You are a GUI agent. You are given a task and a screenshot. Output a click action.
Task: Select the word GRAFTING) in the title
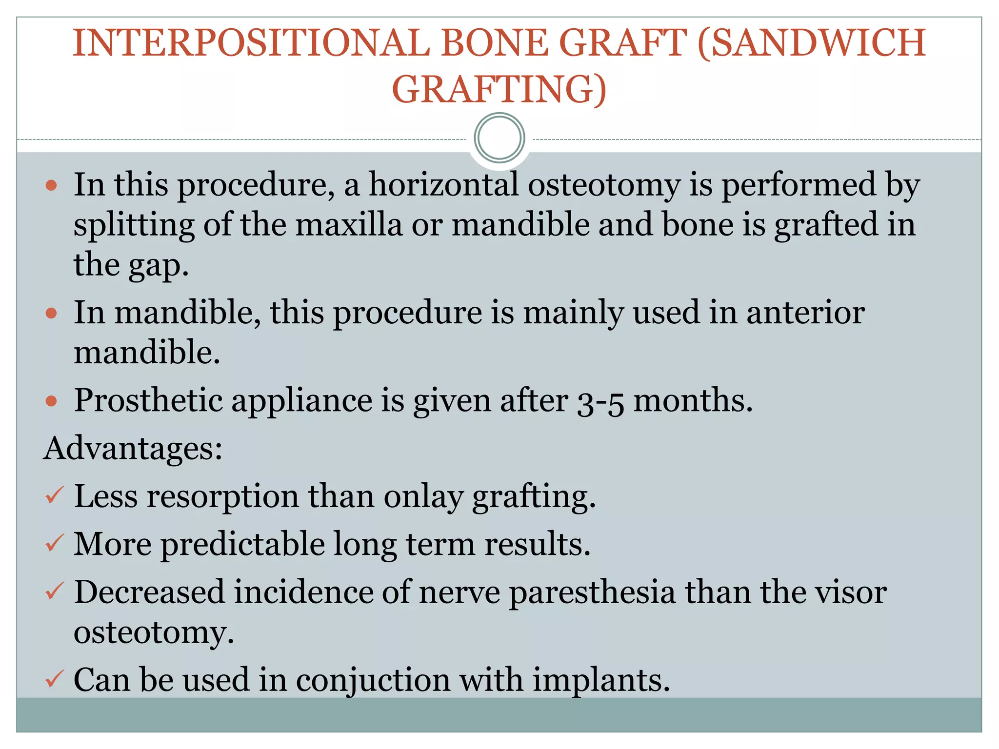(x=499, y=90)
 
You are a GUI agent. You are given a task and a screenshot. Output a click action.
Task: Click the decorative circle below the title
(x=499, y=138)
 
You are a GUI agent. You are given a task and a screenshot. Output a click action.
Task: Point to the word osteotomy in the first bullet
(x=603, y=186)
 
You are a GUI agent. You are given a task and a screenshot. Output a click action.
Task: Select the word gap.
(x=159, y=266)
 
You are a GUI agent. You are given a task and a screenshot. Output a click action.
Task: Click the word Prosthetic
(x=148, y=401)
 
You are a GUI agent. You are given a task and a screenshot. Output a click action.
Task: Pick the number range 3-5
(x=600, y=402)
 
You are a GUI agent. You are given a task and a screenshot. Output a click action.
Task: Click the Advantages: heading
(x=133, y=448)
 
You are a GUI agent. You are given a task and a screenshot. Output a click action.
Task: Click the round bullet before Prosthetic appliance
(x=52, y=401)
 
